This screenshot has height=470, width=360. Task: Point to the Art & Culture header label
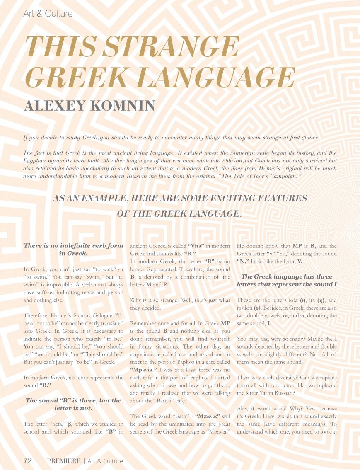[48, 14]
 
